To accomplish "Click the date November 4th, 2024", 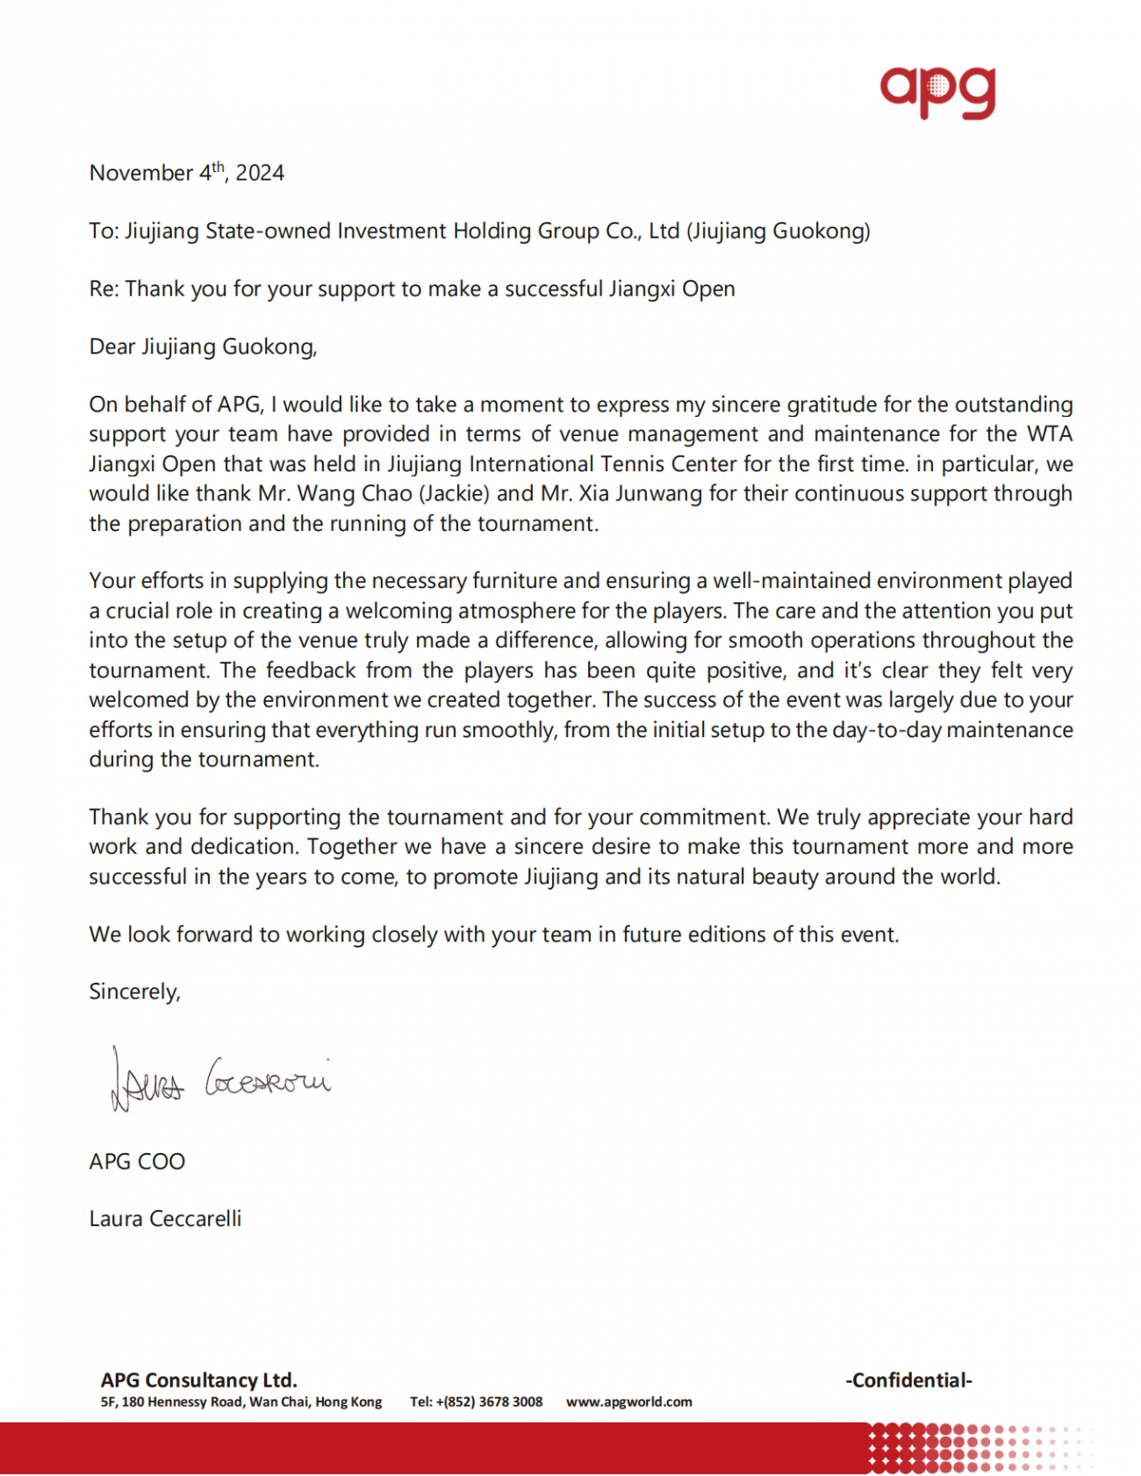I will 186,172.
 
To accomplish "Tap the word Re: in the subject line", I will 104,289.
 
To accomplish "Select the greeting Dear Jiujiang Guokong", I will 203,347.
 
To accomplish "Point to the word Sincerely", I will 134,992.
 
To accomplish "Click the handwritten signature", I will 219,1079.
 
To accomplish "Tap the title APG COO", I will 137,1161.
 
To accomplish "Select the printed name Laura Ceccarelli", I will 165,1219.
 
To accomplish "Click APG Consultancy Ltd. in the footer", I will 198,1379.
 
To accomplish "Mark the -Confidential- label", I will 908,1379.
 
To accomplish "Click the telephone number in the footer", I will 477,1401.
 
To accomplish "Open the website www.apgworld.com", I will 628,1401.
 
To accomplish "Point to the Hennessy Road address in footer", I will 240,1401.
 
